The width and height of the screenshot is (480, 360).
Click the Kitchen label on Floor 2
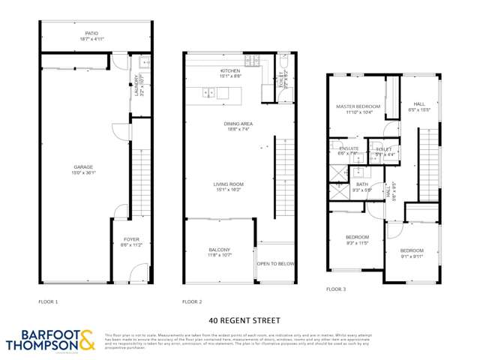pos(229,73)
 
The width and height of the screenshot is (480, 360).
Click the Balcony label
pos(220,252)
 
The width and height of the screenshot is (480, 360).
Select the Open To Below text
pos(275,264)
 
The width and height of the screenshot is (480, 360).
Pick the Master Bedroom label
pos(358,109)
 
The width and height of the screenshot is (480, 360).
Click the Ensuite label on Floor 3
pos(349,150)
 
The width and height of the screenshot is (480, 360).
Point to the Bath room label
pos(362,187)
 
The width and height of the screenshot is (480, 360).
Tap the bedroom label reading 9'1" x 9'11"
pos(411,253)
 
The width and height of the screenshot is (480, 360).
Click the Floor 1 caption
pos(48,301)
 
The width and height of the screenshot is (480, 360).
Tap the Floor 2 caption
pos(192,301)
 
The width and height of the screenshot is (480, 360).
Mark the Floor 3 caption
pos(336,289)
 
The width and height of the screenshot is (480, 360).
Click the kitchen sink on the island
pos(208,93)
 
